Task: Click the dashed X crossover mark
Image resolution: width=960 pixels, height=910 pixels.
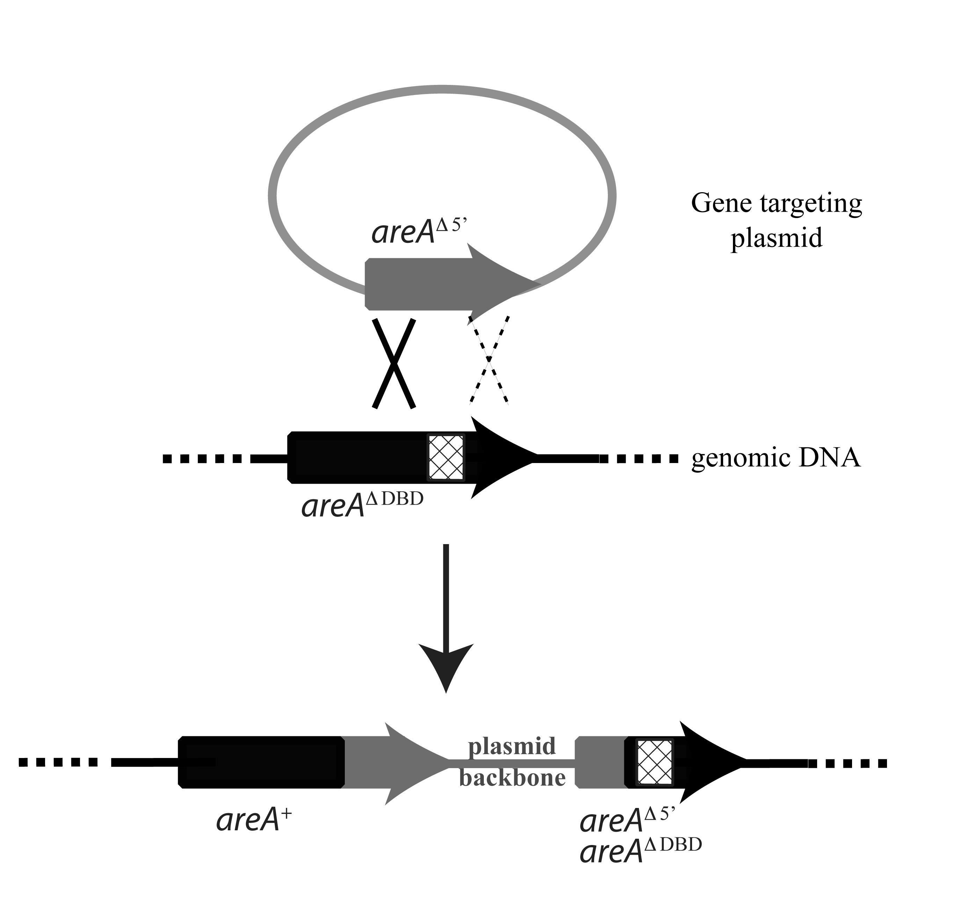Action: (x=489, y=360)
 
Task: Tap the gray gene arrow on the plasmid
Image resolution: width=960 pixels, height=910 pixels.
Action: (x=436, y=284)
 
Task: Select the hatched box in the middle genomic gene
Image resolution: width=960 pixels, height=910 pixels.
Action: (x=445, y=457)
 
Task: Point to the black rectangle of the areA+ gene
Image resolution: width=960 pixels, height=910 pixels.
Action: (x=262, y=763)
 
